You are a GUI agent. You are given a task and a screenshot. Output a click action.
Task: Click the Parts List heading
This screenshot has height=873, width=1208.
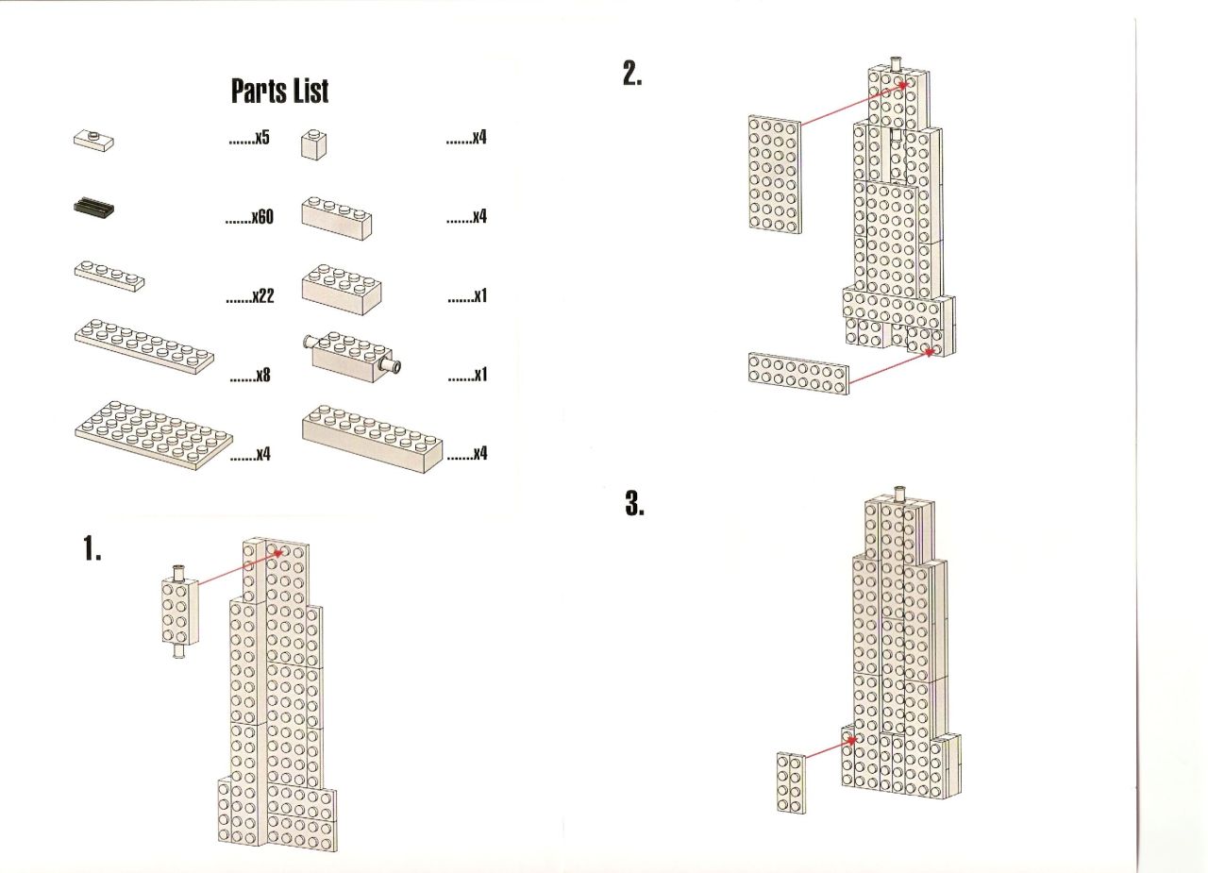279,91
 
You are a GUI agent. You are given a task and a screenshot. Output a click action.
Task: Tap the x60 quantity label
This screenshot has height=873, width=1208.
250,217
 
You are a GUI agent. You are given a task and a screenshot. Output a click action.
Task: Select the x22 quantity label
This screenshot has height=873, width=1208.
250,295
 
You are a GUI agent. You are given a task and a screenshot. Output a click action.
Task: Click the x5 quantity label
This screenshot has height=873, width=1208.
249,138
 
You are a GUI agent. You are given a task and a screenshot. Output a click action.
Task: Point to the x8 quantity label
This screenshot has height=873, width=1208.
250,375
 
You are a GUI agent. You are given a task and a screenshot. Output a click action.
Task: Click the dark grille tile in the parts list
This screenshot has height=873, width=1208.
93,209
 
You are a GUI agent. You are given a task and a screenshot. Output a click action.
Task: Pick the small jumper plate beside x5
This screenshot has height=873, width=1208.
93,141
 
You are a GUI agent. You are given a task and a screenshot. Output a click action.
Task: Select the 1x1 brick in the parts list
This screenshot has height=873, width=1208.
313,144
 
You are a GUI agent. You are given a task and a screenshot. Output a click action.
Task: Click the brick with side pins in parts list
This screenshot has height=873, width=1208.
353,357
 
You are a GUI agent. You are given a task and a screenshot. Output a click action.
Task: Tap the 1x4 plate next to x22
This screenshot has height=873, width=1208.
109,277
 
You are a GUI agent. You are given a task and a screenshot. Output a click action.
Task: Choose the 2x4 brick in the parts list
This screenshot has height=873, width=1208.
342,290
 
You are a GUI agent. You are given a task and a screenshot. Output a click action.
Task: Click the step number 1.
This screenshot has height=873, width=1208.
92,548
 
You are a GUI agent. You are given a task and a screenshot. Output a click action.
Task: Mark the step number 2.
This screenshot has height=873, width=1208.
632,74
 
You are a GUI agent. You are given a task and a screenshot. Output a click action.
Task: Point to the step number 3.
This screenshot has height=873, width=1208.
635,503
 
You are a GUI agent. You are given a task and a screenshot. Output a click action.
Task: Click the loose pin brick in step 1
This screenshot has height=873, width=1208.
180,612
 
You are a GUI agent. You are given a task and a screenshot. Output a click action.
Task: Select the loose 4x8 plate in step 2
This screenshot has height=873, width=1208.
775,174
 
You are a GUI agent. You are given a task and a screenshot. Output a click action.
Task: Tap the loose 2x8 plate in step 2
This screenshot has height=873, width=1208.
798,373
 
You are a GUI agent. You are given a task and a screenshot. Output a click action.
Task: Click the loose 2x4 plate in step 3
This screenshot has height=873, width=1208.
791,782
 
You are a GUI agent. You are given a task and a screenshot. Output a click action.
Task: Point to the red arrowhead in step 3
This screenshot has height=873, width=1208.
850,740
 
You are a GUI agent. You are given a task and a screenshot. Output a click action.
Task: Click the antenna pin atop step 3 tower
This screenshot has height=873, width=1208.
899,494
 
